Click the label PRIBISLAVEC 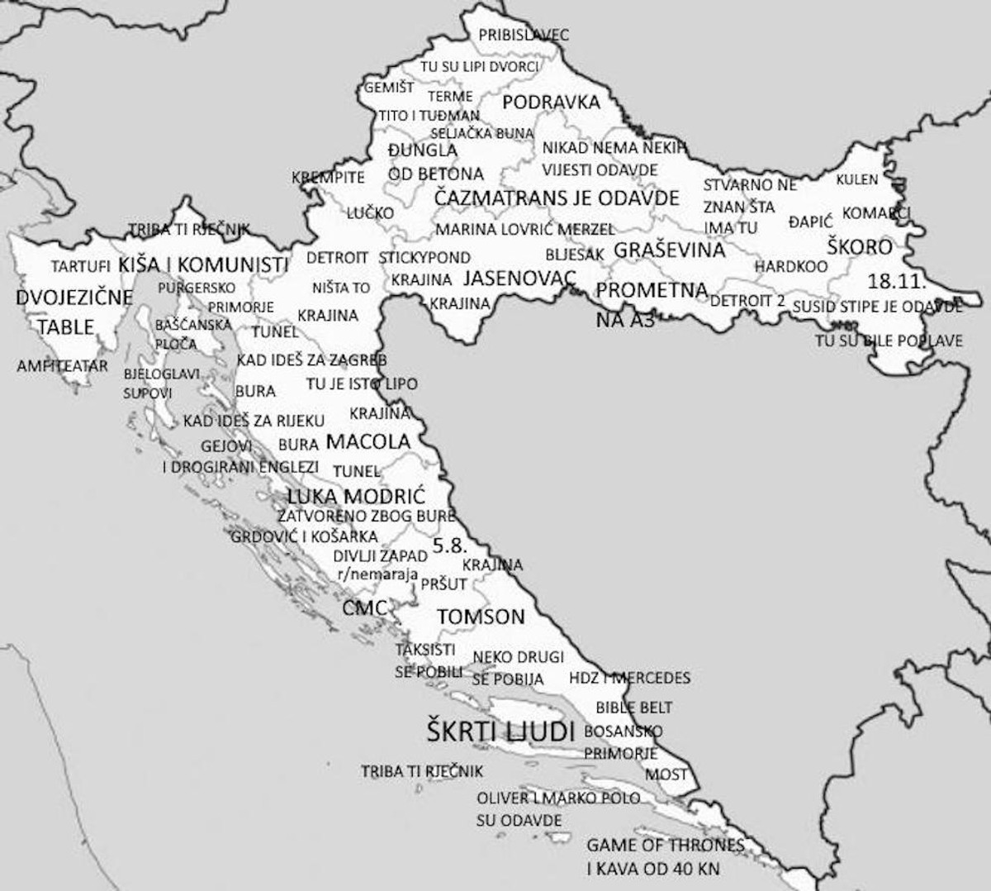[x=524, y=35]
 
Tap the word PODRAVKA [x=551, y=102]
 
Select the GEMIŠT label [x=389, y=88]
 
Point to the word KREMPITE [x=328, y=178]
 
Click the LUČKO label [x=370, y=213]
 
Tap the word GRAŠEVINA [x=669, y=250]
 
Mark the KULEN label [x=857, y=179]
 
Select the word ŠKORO [x=861, y=247]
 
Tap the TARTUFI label [x=80, y=267]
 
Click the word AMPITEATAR [x=63, y=365]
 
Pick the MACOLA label [x=368, y=441]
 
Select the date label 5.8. [x=449, y=546]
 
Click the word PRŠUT [x=443, y=584]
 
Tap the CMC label [x=364, y=609]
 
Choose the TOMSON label [x=481, y=617]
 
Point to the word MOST [x=666, y=774]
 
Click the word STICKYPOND [x=424, y=258]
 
